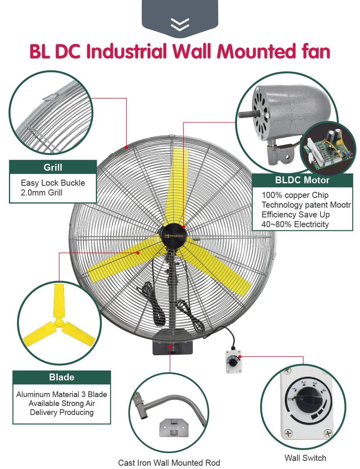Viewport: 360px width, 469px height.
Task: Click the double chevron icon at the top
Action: [180, 25]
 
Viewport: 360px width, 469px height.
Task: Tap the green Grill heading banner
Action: [53, 167]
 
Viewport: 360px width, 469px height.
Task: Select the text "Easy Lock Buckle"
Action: [53, 183]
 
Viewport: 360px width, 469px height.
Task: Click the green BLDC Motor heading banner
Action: [302, 180]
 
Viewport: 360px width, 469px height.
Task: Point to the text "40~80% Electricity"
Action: [295, 224]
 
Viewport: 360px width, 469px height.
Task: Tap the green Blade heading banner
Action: [61, 377]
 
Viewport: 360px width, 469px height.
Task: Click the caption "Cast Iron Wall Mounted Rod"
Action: [169, 463]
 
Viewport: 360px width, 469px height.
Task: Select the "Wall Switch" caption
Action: [305, 458]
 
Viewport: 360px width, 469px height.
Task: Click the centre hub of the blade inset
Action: [59, 322]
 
